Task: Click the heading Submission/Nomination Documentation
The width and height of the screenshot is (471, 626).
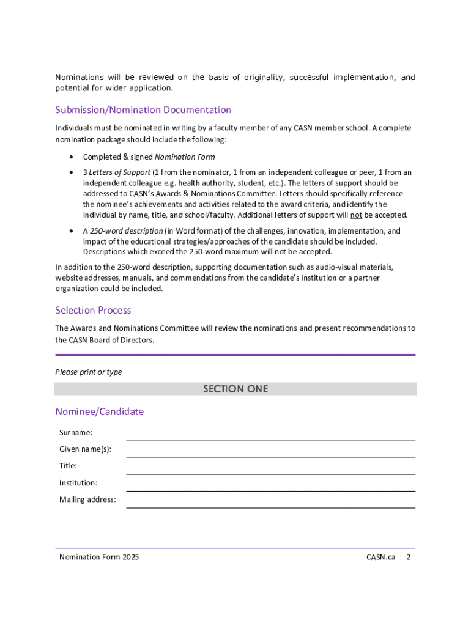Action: point(143,110)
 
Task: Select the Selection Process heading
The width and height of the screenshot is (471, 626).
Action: point(93,310)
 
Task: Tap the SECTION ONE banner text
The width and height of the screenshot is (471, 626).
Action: point(236,389)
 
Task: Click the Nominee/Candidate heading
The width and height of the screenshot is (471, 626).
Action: point(99,411)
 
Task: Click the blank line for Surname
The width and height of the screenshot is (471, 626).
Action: point(270,435)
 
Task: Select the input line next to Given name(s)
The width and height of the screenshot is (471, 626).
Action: point(270,452)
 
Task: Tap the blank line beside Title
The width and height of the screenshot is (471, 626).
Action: point(270,469)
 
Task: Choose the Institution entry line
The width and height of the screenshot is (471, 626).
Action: point(270,485)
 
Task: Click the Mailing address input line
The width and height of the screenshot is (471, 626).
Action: point(270,503)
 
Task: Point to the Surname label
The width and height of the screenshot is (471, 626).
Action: point(76,433)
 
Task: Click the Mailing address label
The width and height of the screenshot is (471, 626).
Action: point(87,499)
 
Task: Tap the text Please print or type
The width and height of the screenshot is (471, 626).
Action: point(88,372)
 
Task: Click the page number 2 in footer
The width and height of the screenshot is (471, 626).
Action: point(408,557)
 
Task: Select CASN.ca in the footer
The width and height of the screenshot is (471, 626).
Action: point(380,557)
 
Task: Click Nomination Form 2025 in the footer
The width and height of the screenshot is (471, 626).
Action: point(99,557)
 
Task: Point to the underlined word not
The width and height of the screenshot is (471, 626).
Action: point(356,215)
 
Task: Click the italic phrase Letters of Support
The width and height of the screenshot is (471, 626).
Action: point(119,172)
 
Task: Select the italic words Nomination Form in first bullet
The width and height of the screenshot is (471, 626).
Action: point(185,157)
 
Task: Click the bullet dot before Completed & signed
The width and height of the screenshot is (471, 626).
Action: point(72,157)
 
